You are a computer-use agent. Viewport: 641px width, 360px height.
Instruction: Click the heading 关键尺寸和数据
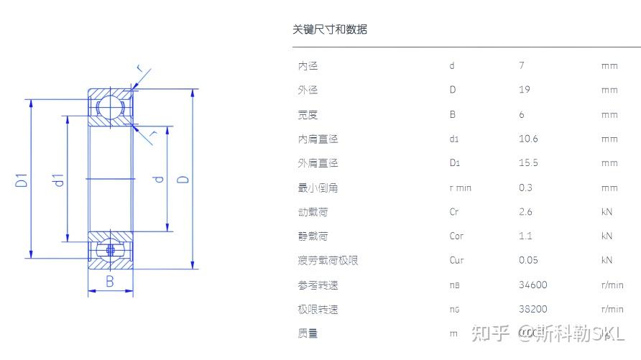pyautogui.click(x=330, y=29)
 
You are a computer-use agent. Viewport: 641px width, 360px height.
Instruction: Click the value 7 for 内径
pyautogui.click(x=522, y=65)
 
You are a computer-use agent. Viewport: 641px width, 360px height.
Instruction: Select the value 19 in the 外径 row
pyautogui.click(x=524, y=90)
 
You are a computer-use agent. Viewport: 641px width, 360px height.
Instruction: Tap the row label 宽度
pyautogui.click(x=308, y=114)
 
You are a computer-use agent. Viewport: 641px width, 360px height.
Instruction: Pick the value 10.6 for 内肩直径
pyautogui.click(x=528, y=139)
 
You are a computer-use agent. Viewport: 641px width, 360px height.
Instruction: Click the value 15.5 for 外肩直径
pyautogui.click(x=528, y=163)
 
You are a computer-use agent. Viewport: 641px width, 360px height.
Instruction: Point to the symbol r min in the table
pyautogui.click(x=460, y=188)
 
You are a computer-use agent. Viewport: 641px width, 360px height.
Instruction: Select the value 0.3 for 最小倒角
pyautogui.click(x=526, y=188)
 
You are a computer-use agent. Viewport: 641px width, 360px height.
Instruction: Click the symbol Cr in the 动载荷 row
pyautogui.click(x=453, y=212)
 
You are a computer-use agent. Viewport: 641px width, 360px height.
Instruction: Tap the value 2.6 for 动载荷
pyautogui.click(x=526, y=212)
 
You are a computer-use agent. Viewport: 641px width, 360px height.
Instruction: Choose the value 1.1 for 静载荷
pyautogui.click(x=525, y=236)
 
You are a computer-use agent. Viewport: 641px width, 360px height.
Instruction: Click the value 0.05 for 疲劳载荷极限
pyautogui.click(x=528, y=260)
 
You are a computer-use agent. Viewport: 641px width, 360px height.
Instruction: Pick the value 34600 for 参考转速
pyautogui.click(x=532, y=285)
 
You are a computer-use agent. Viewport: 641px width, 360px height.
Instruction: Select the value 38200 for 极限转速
pyautogui.click(x=532, y=309)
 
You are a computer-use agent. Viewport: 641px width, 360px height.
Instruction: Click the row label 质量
pyautogui.click(x=308, y=333)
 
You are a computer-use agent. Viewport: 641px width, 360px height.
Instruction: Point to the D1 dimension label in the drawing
pyautogui.click(x=22, y=179)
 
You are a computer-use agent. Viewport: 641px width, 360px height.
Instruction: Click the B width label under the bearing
pyautogui.click(x=110, y=282)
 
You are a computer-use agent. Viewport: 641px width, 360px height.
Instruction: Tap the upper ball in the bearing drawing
pyautogui.click(x=110, y=105)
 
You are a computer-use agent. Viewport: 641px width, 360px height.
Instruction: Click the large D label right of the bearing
pyautogui.click(x=184, y=175)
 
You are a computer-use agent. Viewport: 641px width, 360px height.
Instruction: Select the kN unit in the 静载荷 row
pyautogui.click(x=607, y=236)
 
